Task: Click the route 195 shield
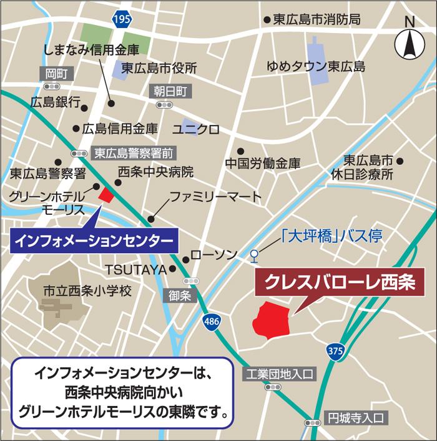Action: (122, 20)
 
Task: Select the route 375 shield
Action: (336, 351)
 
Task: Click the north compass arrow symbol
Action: (410, 44)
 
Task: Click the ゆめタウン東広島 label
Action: (315, 66)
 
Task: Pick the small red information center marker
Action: (107, 194)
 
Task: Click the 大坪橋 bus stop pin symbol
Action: (253, 254)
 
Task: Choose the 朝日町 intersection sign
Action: (170, 91)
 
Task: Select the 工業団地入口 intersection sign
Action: (279, 374)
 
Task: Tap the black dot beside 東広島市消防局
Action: (267, 20)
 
